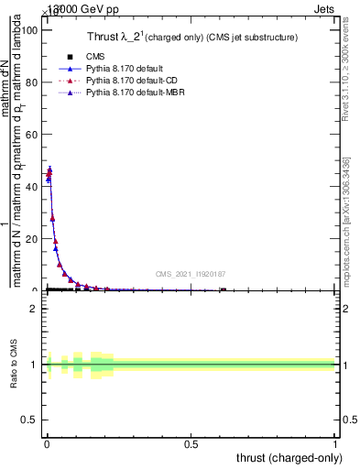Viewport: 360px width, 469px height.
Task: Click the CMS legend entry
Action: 92,57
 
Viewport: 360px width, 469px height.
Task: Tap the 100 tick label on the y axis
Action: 30,30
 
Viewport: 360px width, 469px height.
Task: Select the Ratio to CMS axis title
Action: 15,365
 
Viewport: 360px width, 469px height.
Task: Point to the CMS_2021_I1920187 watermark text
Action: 190,274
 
